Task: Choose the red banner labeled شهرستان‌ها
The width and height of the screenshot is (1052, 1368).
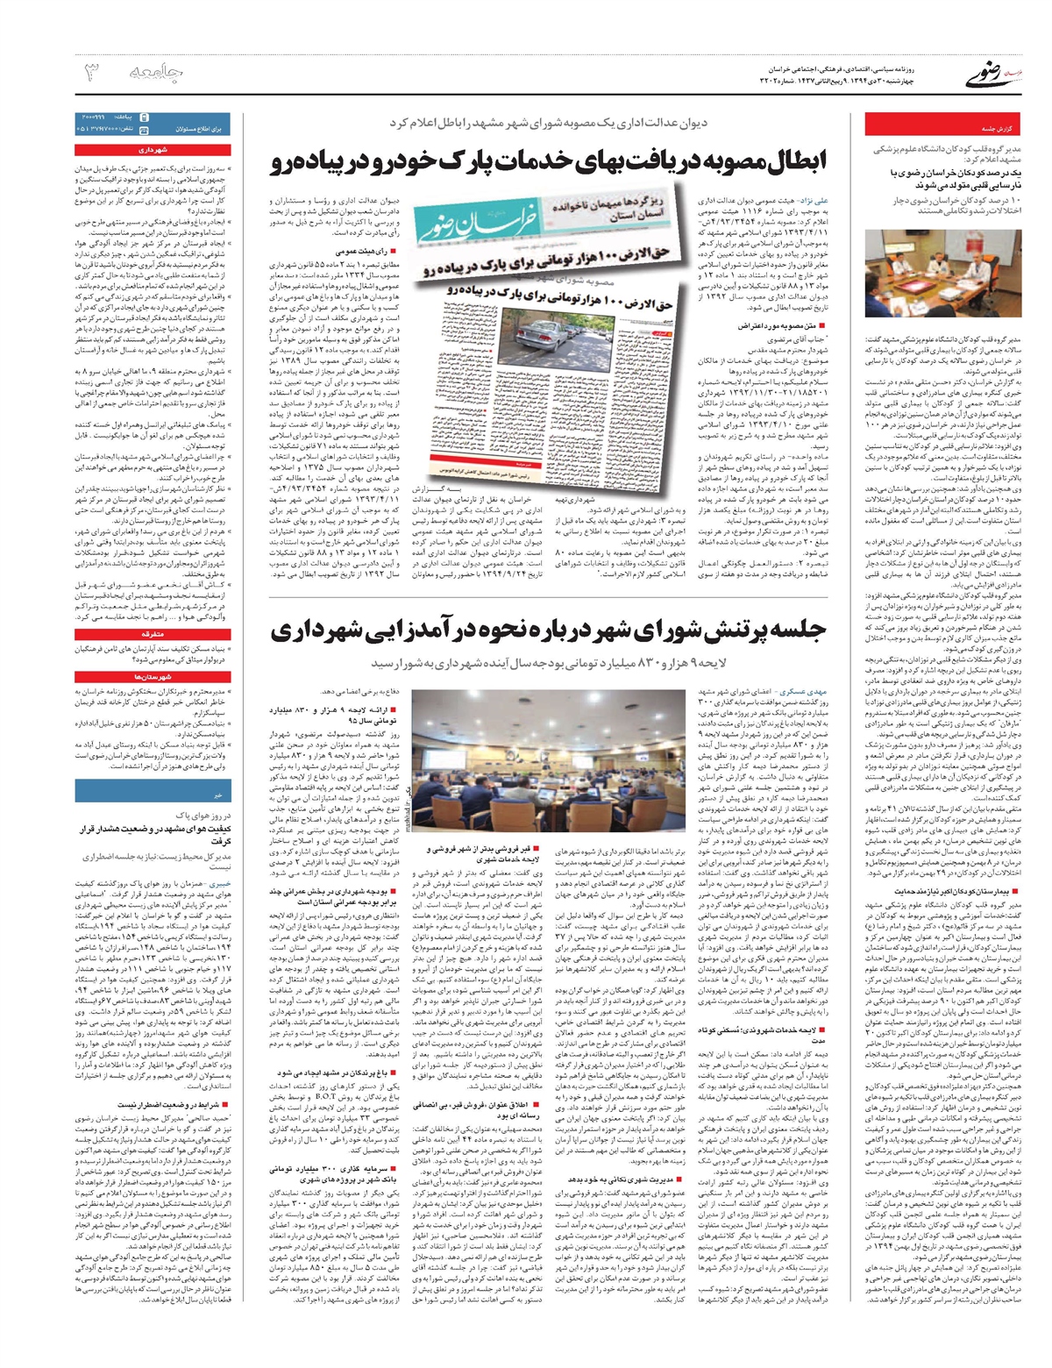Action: coord(151,677)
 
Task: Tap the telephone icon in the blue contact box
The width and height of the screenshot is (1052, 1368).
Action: coord(144,129)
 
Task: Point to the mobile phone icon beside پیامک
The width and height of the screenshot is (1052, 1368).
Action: coord(144,117)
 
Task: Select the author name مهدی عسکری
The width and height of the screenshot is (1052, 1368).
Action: coord(801,692)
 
